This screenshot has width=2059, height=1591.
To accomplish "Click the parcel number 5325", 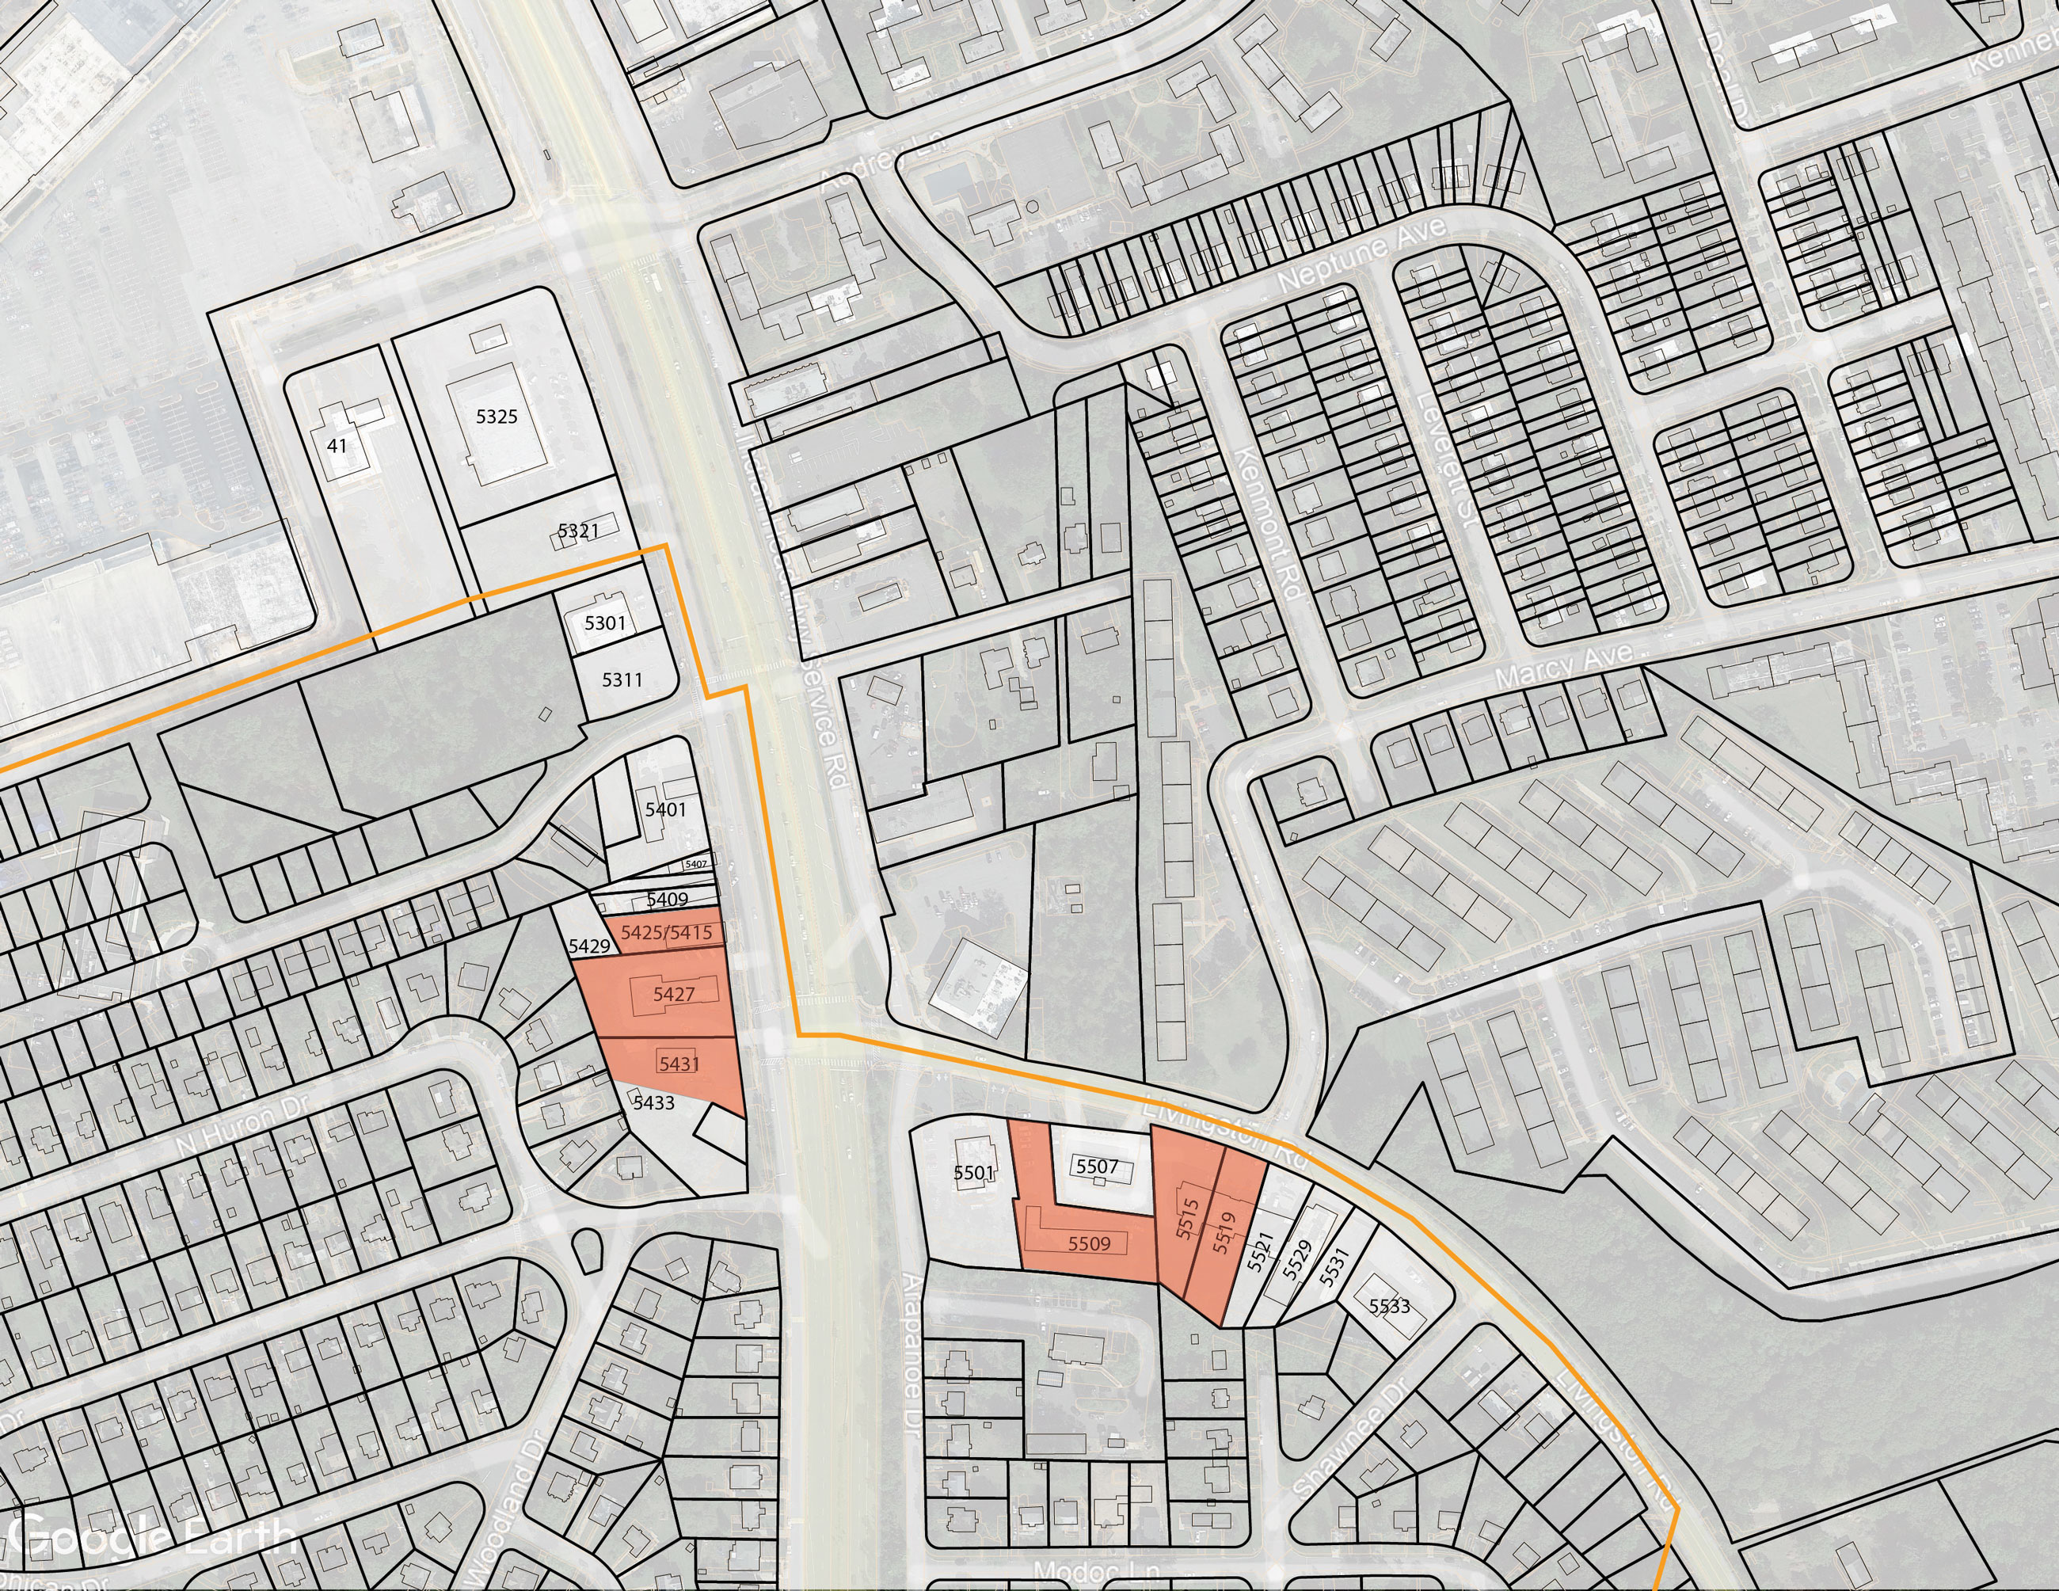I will [x=496, y=417].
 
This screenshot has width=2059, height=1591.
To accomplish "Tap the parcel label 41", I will [x=337, y=446].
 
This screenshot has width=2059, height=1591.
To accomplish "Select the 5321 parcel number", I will [x=578, y=531].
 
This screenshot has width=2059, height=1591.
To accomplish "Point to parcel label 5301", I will [x=604, y=623].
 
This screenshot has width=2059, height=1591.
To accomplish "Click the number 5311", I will [x=622, y=679].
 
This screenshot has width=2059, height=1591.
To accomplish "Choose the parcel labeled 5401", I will [x=665, y=809].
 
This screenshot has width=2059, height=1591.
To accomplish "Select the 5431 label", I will [x=679, y=1064].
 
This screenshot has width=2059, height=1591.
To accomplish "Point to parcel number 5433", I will [x=653, y=1102].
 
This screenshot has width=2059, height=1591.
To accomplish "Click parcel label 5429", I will [x=589, y=946].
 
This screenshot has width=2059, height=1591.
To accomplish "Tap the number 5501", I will [x=974, y=1174].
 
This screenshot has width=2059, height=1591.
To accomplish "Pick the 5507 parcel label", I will [x=1098, y=1167].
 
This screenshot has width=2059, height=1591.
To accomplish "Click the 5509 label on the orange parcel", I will [x=1089, y=1244].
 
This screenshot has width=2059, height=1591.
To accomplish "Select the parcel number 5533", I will [x=1390, y=1307].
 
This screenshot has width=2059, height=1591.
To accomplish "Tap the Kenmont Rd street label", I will [x=1269, y=524].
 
